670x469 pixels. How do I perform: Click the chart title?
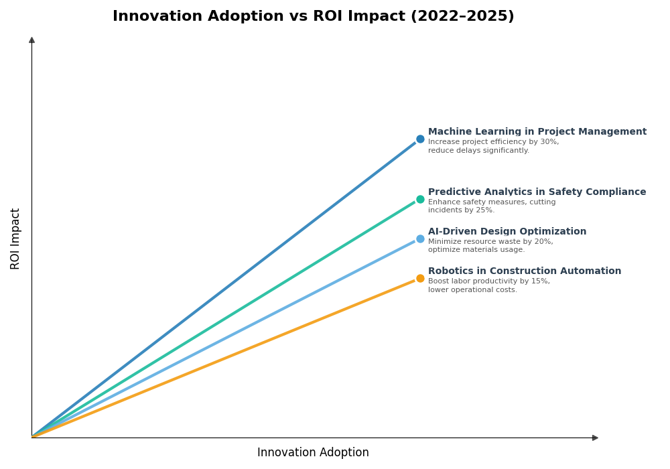[x=313, y=17]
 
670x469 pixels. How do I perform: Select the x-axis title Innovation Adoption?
[x=313, y=453]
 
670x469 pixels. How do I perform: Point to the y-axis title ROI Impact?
[x=15, y=239]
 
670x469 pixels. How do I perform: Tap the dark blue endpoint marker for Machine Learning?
[x=420, y=139]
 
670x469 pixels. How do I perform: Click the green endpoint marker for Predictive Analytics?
[x=420, y=199]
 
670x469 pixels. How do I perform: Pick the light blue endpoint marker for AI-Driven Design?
[x=420, y=239]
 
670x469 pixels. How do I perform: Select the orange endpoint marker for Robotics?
[x=420, y=278]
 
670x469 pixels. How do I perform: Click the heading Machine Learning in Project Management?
[x=537, y=132]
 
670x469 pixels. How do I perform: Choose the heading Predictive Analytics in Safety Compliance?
[x=537, y=192]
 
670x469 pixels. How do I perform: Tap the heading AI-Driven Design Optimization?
[x=507, y=232]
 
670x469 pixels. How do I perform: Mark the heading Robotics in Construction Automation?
[x=524, y=271]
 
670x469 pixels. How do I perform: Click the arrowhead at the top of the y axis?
[x=31, y=40]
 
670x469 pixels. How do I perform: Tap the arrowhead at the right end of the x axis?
[x=595, y=438]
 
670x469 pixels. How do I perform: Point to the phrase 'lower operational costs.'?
[x=472, y=290]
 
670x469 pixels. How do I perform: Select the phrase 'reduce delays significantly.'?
[x=478, y=151]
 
